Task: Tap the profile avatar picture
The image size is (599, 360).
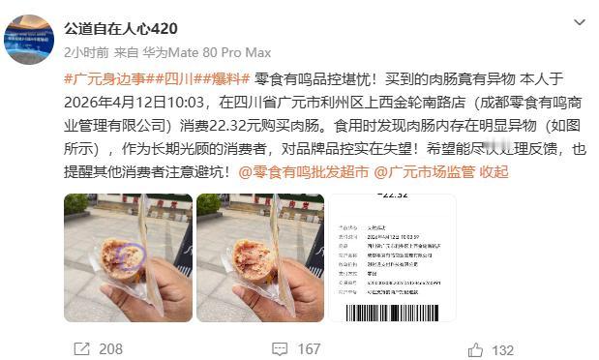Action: tap(30, 38)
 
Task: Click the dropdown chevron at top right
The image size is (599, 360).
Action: tap(579, 22)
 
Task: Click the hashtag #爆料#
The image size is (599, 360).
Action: tap(225, 78)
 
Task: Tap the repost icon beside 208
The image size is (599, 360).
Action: tap(81, 348)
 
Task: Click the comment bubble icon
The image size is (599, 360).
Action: tap(277, 348)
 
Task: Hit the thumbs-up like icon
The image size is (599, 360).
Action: tap(475, 348)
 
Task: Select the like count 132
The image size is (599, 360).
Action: tap(503, 348)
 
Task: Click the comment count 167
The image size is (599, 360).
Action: tap(309, 348)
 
